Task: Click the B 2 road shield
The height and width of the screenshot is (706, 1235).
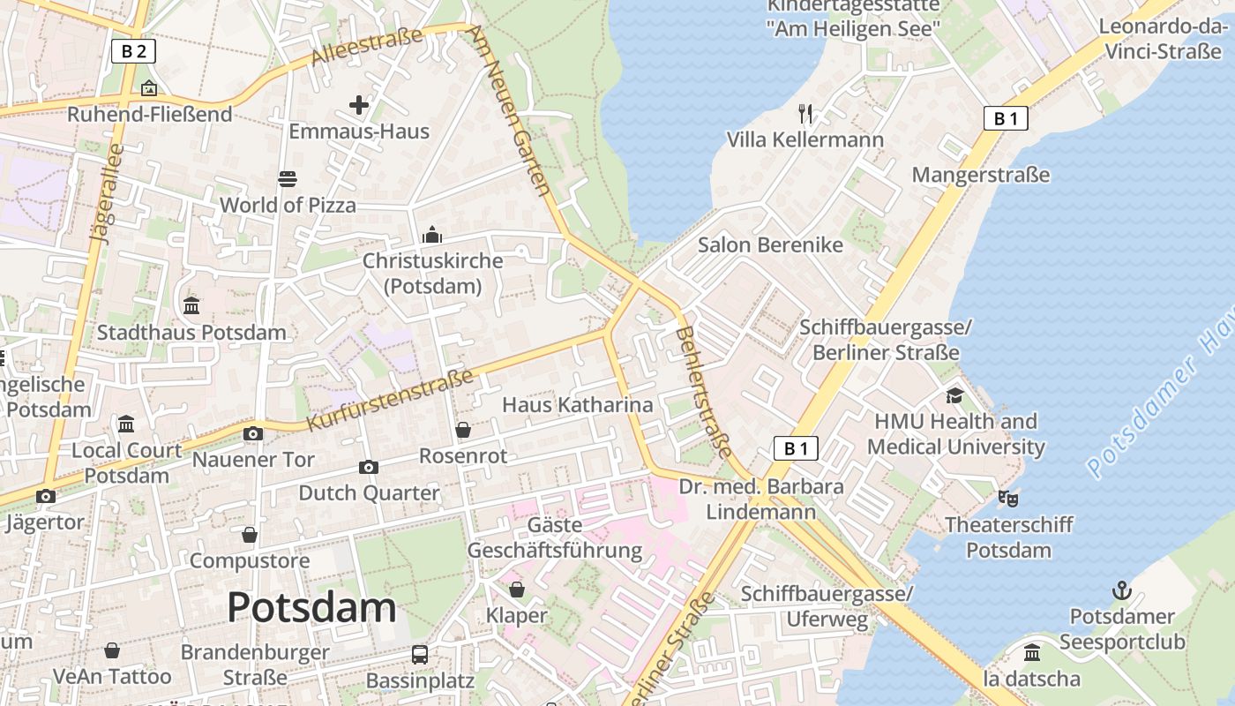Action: pos(133,51)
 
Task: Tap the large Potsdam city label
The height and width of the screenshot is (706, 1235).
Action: pos(311,607)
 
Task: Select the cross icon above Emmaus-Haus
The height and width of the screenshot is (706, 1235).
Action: pos(359,106)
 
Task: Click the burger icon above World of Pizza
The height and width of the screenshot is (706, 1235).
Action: pos(287,179)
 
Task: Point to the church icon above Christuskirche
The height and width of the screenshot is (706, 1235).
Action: pos(432,235)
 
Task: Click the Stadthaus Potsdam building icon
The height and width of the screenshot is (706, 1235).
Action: pos(191,306)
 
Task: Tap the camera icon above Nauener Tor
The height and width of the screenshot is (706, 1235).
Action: pos(253,433)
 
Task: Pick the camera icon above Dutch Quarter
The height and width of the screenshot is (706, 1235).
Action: pos(369,467)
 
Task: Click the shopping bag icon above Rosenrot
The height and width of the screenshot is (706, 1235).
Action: pos(463,430)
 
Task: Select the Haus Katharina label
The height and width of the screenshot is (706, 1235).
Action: pos(578,405)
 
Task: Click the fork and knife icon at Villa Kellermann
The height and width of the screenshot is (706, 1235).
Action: pos(805,113)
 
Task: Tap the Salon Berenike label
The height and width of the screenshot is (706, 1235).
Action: pos(770,244)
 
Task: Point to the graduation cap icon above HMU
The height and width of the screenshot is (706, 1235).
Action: pos(955,394)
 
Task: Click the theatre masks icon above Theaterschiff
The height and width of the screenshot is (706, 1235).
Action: pos(1008,499)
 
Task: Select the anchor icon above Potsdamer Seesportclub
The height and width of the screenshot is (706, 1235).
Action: pos(1121,590)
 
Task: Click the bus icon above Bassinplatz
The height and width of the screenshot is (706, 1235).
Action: pos(420,655)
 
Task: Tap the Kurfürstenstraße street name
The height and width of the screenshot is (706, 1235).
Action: pos(391,401)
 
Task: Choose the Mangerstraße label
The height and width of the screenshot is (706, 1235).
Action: pos(981,175)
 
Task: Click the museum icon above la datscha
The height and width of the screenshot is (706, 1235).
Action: pos(1031,653)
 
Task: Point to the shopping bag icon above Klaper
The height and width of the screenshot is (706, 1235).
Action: pos(517,589)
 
